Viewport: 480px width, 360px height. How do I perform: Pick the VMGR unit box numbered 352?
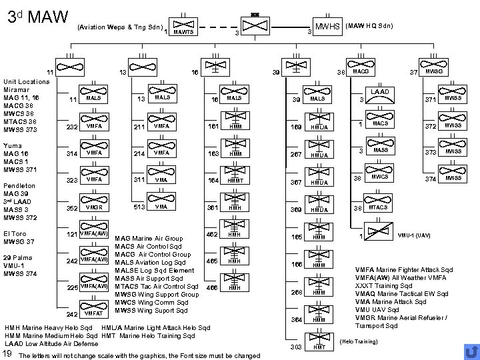93,207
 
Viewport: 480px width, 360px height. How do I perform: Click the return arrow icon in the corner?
470,351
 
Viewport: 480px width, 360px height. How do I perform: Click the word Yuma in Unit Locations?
12,145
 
